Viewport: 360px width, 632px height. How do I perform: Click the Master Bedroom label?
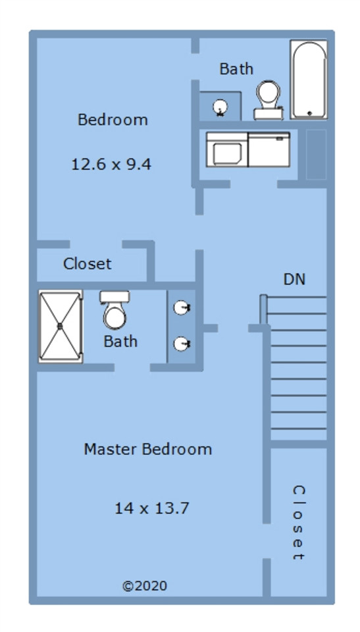[x=148, y=449]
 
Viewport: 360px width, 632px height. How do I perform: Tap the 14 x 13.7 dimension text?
[x=151, y=508]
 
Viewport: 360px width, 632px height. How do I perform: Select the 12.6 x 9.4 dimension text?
[x=111, y=165]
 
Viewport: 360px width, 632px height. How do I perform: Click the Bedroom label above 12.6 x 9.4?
[x=113, y=120]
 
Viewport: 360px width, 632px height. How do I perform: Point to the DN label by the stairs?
[x=294, y=279]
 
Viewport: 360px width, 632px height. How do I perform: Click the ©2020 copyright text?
[x=145, y=586]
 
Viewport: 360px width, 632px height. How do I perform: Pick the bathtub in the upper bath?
[x=309, y=80]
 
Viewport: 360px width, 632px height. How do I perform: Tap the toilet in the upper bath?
[x=268, y=100]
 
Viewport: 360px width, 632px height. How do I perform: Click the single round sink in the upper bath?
[x=220, y=107]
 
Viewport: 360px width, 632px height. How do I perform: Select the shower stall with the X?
[x=61, y=326]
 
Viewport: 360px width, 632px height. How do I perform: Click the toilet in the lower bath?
[x=115, y=309]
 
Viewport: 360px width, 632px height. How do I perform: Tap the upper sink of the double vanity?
[x=182, y=308]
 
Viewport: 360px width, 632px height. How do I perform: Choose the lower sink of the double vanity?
[x=182, y=344]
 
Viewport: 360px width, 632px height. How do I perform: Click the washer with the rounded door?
[x=227, y=149]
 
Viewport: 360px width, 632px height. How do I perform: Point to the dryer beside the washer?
[x=269, y=149]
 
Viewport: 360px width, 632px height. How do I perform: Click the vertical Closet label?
[x=298, y=523]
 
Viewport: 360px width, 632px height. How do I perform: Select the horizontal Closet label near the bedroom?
[x=87, y=263]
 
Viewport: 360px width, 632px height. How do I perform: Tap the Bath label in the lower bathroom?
[x=120, y=342]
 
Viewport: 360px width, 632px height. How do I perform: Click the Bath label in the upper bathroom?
[x=236, y=68]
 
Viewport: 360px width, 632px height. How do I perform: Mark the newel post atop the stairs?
[x=263, y=309]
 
